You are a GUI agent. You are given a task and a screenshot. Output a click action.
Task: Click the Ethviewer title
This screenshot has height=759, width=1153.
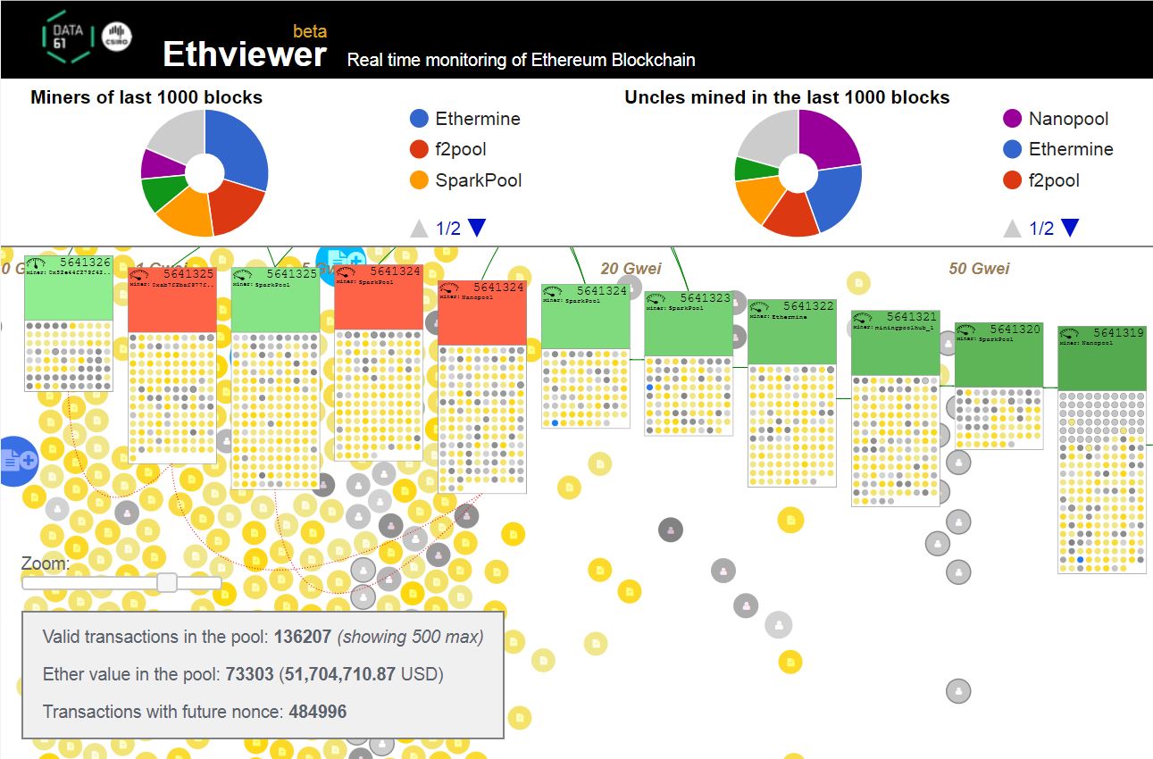click(x=244, y=54)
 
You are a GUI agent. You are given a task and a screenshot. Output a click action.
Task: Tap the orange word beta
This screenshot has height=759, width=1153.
click(x=310, y=31)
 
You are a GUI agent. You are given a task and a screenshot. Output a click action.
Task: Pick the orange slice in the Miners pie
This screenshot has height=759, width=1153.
click(x=185, y=211)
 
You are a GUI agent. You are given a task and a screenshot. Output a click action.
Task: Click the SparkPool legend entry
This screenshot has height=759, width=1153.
click(x=477, y=180)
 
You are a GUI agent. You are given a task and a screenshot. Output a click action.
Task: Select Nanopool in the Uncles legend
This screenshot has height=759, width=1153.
click(x=1068, y=119)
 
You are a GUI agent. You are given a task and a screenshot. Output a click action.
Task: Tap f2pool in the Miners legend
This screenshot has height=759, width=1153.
click(x=460, y=149)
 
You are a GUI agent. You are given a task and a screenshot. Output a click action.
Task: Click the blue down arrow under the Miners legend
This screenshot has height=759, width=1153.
click(x=477, y=229)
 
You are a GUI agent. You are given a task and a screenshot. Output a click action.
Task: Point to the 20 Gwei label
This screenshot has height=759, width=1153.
click(x=631, y=269)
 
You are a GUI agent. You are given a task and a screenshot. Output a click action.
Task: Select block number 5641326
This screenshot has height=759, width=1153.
click(x=86, y=263)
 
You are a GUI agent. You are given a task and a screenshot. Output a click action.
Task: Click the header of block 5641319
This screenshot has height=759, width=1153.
click(x=1101, y=358)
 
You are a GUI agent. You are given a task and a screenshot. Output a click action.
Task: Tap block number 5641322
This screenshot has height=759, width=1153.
click(x=808, y=306)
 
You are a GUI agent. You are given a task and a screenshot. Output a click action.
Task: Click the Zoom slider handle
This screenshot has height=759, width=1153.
click(x=167, y=583)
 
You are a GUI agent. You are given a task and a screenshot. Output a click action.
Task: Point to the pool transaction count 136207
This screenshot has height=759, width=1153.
click(x=301, y=637)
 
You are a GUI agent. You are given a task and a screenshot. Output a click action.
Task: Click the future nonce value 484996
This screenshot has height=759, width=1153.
click(x=317, y=712)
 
